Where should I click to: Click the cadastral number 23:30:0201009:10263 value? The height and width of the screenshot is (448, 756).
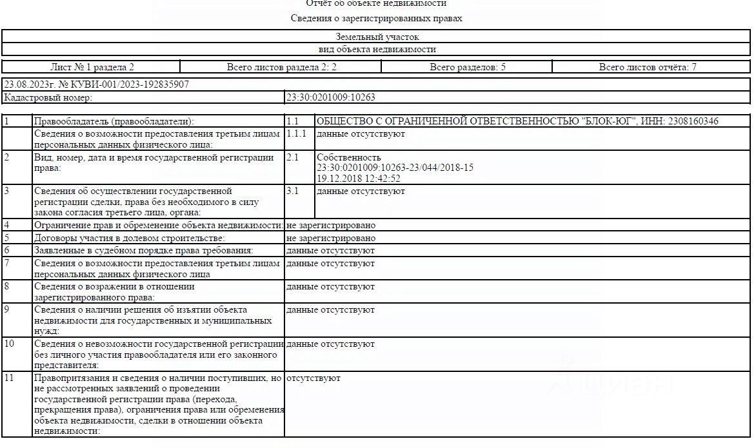(331, 97)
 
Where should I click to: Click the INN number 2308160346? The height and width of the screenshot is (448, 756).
(693, 121)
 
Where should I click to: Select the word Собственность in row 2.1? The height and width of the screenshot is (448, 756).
(349, 157)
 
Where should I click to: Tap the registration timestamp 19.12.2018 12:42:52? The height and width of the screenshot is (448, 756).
(359, 179)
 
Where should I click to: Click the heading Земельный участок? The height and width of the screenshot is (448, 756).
(377, 37)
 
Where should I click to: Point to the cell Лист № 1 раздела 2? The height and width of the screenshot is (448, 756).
(92, 67)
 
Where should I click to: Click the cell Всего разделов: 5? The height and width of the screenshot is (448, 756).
(468, 67)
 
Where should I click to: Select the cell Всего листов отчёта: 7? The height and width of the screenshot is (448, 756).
(648, 67)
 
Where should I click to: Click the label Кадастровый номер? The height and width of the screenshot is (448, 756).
(48, 97)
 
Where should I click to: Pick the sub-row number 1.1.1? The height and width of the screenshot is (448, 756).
(297, 133)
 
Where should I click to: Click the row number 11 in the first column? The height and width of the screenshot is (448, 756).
(9, 378)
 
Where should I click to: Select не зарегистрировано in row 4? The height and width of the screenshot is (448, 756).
(331, 225)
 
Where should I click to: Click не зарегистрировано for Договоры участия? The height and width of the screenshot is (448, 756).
(331, 238)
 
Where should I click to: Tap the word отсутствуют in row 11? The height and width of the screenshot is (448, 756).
(313, 378)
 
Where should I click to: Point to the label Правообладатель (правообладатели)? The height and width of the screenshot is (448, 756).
(114, 121)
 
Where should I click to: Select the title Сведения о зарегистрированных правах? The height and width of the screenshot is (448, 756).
(377, 19)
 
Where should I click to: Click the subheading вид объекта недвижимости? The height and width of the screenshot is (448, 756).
(377, 49)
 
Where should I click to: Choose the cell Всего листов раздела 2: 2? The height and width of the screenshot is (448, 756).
(282, 67)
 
